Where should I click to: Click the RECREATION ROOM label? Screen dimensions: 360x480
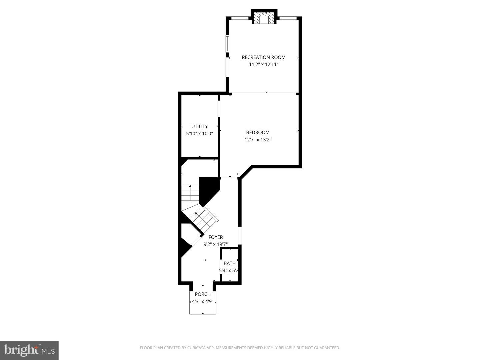click(x=264, y=57)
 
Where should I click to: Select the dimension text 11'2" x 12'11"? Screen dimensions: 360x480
click(x=264, y=65)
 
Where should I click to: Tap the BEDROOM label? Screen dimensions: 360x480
click(x=258, y=133)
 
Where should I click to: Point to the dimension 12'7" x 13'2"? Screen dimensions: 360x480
click(x=258, y=140)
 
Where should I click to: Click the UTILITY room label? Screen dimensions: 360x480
click(x=199, y=127)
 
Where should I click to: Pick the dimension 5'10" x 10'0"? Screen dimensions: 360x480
click(x=199, y=134)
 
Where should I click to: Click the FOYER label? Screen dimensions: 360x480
click(x=215, y=237)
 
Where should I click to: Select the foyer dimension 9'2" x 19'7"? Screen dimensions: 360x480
click(x=215, y=244)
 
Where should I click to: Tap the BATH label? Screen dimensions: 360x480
click(x=230, y=264)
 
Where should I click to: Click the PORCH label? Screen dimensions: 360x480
click(x=203, y=294)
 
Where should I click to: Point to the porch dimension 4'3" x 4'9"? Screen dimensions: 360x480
click(x=203, y=302)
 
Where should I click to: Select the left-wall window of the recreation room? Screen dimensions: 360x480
click(x=227, y=44)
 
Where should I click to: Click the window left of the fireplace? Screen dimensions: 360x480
click(x=240, y=18)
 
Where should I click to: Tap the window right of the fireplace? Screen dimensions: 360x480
click(x=288, y=18)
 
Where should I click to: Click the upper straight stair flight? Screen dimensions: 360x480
click(x=190, y=193)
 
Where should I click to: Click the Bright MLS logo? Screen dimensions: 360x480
click(x=29, y=350)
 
